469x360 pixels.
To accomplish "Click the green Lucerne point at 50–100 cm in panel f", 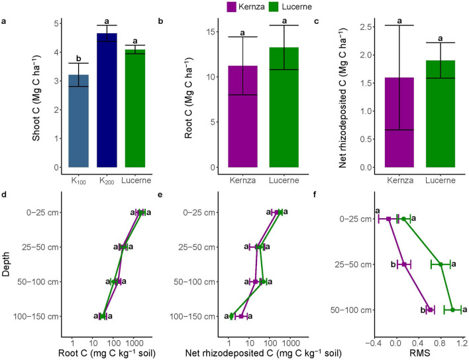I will click(x=452, y=310).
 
